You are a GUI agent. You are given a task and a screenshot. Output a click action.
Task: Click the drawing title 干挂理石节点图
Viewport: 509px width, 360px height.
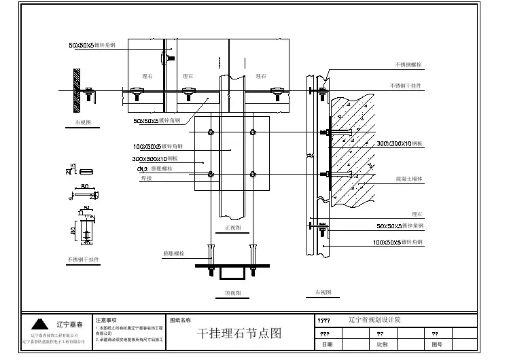click(239, 334)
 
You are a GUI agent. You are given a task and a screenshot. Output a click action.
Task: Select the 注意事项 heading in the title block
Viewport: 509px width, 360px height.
click(106, 319)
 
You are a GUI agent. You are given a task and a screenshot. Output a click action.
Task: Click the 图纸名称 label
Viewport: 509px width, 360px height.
click(180, 319)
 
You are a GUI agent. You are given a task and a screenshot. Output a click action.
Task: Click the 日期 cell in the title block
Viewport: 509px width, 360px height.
click(328, 345)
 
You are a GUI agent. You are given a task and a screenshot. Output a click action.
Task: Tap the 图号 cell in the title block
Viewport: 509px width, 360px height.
click(437, 345)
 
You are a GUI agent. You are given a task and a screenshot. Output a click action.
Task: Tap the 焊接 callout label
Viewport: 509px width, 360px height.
click(146, 178)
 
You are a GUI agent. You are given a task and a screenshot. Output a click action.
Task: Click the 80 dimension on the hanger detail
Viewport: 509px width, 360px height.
click(86, 185)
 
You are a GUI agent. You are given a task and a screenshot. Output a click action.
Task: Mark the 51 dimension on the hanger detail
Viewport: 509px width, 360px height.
click(87, 208)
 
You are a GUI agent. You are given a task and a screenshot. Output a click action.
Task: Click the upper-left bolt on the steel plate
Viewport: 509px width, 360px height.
click(211, 132)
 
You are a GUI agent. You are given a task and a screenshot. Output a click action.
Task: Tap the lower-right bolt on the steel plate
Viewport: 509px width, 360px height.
click(253, 175)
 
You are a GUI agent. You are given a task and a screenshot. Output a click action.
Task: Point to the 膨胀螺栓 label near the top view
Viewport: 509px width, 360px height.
click(173, 253)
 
